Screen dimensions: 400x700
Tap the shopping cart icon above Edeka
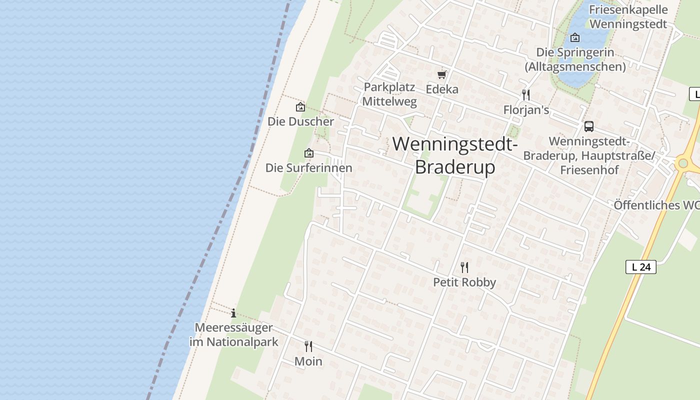[441, 75]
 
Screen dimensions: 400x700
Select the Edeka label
[442, 89]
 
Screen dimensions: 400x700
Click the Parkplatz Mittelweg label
[389, 94]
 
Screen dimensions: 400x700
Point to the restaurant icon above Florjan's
[525, 94]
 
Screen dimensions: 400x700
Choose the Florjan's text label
[526, 110]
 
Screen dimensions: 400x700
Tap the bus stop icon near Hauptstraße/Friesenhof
[589, 126]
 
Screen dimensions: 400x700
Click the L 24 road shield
[640, 267]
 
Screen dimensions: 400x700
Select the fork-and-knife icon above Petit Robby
[464, 267]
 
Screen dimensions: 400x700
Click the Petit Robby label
[464, 282]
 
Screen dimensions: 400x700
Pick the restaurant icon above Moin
[308, 346]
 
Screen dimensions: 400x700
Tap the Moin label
[308, 361]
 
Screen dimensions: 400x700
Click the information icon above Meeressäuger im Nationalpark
[233, 313]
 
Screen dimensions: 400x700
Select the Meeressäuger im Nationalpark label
[233, 335]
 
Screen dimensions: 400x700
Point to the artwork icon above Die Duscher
[300, 107]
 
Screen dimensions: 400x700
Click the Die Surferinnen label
[308, 168]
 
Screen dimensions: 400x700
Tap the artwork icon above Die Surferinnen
[309, 153]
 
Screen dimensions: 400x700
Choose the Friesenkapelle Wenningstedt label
[628, 16]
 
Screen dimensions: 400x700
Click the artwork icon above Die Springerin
[575, 37]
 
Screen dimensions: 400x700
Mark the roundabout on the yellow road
[683, 163]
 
